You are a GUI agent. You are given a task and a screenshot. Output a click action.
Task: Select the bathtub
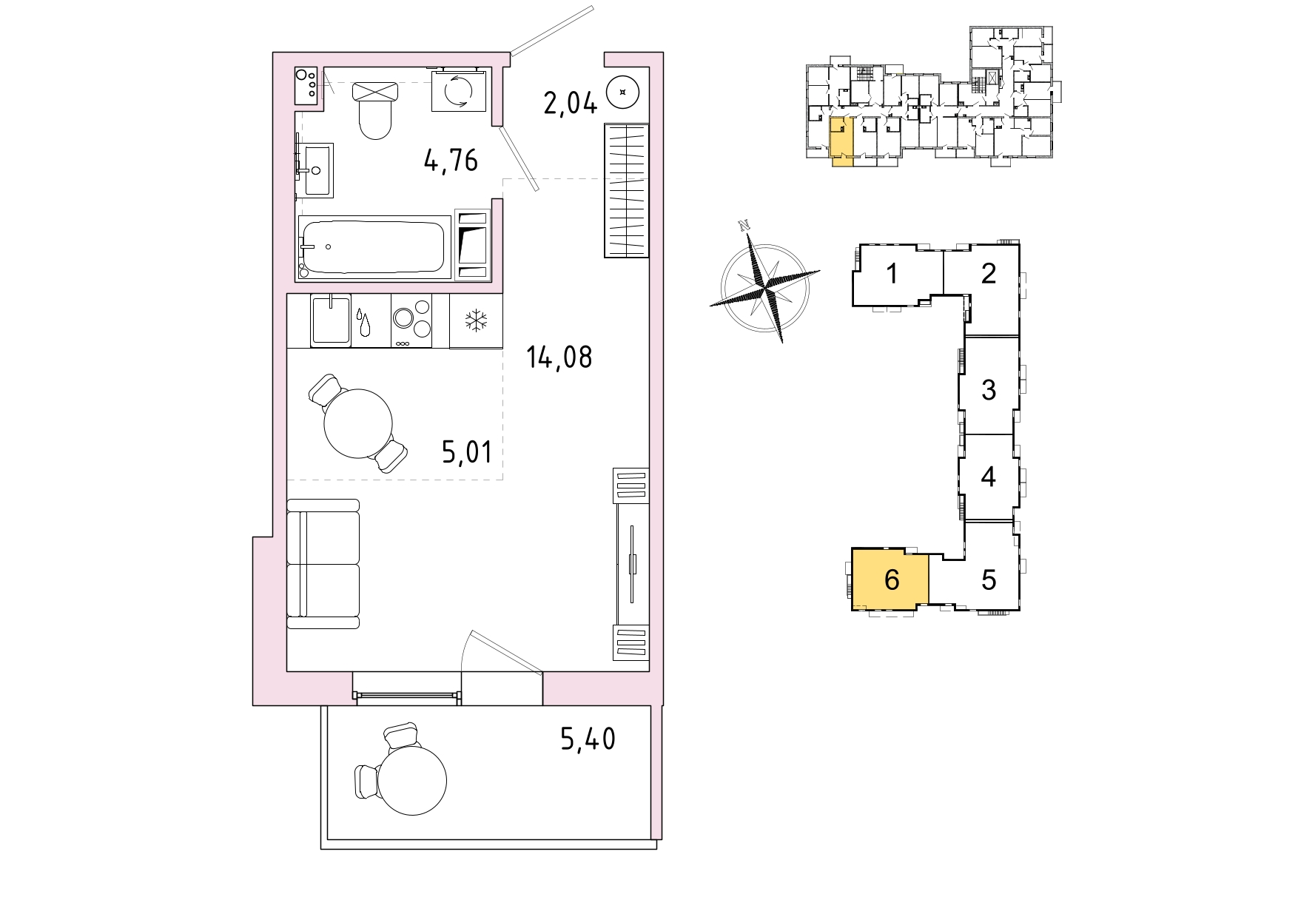point(374,247)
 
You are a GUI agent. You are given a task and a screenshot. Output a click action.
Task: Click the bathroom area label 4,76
point(451,160)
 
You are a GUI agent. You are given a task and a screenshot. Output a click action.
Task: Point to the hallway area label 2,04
point(571,103)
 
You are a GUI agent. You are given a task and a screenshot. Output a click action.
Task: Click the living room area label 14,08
point(559,357)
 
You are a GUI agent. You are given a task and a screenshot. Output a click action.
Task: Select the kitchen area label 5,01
point(467,451)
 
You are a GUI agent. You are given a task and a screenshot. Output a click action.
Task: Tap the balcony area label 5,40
point(588,739)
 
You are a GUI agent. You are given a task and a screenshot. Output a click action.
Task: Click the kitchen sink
point(331,319)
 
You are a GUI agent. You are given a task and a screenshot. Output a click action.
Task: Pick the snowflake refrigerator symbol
point(476,321)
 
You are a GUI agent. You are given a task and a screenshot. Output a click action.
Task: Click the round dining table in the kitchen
point(358,423)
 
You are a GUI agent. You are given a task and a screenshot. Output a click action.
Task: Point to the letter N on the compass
point(745,225)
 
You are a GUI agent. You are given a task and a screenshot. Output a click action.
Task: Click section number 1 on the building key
point(892,273)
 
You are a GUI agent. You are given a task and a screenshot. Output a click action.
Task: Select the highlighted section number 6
point(892,580)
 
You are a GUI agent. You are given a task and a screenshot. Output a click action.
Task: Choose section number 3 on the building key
point(989,389)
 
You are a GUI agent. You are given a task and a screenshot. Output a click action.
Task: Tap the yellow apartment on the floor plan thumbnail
point(841,141)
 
